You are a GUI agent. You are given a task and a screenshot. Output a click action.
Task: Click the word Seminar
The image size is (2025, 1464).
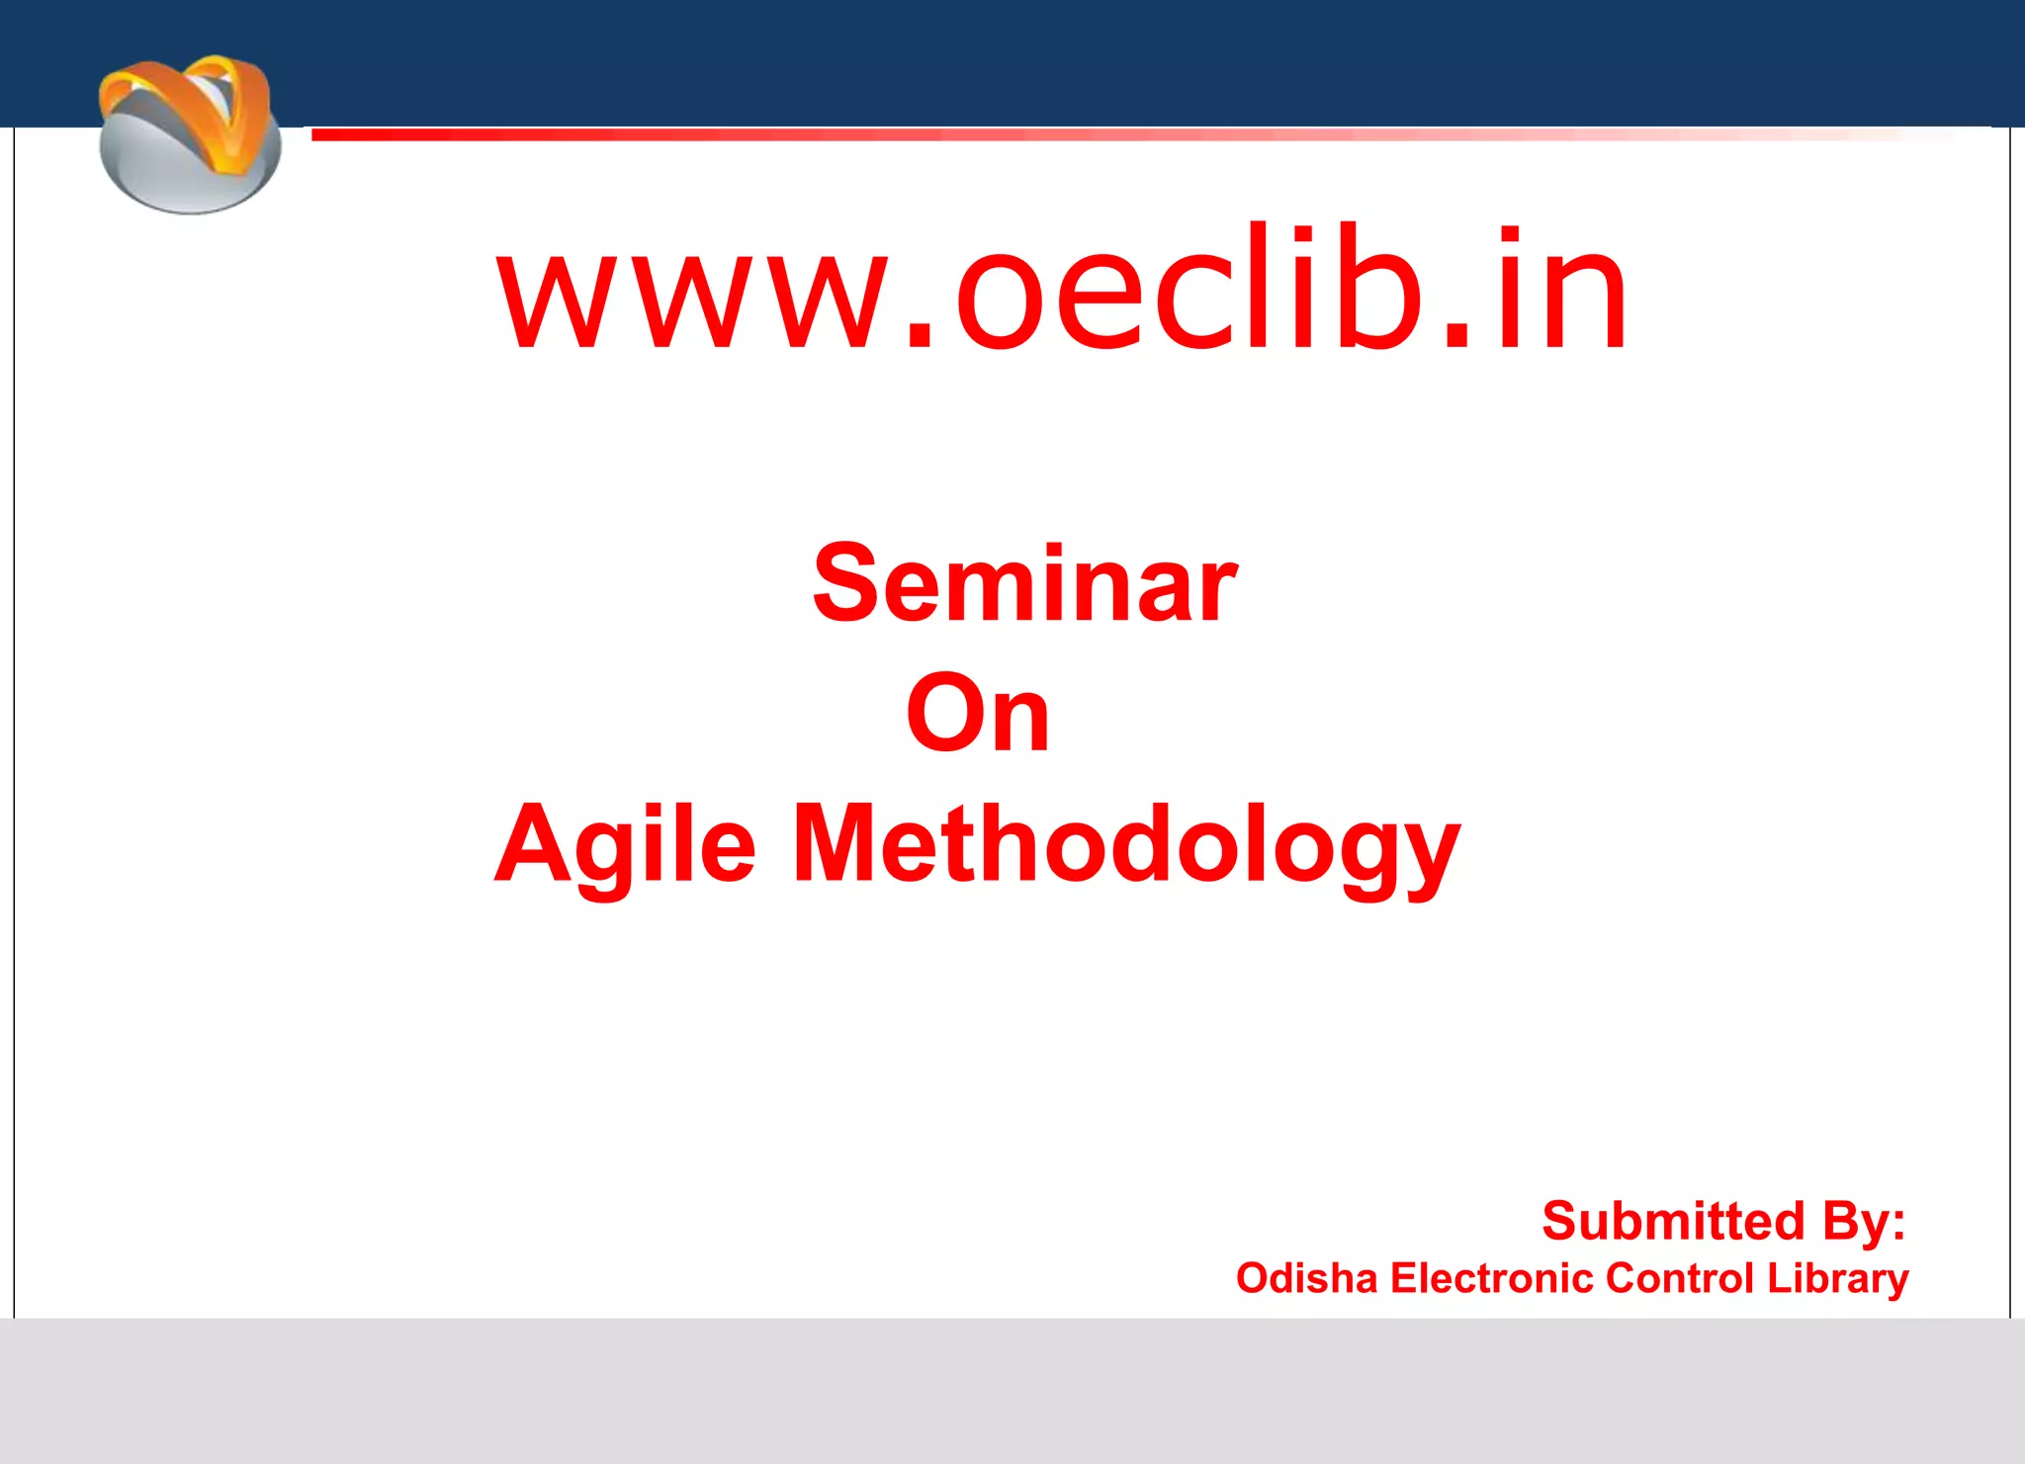[1024, 585]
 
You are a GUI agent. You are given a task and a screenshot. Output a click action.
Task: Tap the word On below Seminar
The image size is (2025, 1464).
[977, 714]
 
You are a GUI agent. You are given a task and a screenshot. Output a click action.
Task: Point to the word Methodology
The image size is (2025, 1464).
[1126, 845]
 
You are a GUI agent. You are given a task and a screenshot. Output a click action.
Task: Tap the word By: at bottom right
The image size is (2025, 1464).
[1864, 1221]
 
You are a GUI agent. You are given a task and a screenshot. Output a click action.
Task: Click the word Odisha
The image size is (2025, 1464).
[1305, 1278]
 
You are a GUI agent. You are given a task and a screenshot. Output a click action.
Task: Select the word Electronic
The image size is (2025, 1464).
[1492, 1278]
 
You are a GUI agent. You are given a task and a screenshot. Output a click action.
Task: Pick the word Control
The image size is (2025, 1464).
[1680, 1278]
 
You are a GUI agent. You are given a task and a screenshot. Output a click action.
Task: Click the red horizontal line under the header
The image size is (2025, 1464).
[989, 134]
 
